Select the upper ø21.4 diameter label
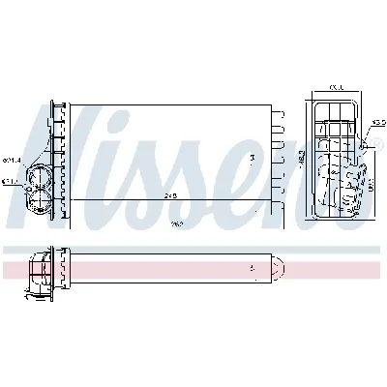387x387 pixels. (x=12, y=161)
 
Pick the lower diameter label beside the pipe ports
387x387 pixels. (x=12, y=181)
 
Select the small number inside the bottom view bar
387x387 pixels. (x=251, y=265)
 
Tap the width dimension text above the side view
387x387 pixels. (x=335, y=87)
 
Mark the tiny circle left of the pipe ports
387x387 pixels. (x=23, y=189)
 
